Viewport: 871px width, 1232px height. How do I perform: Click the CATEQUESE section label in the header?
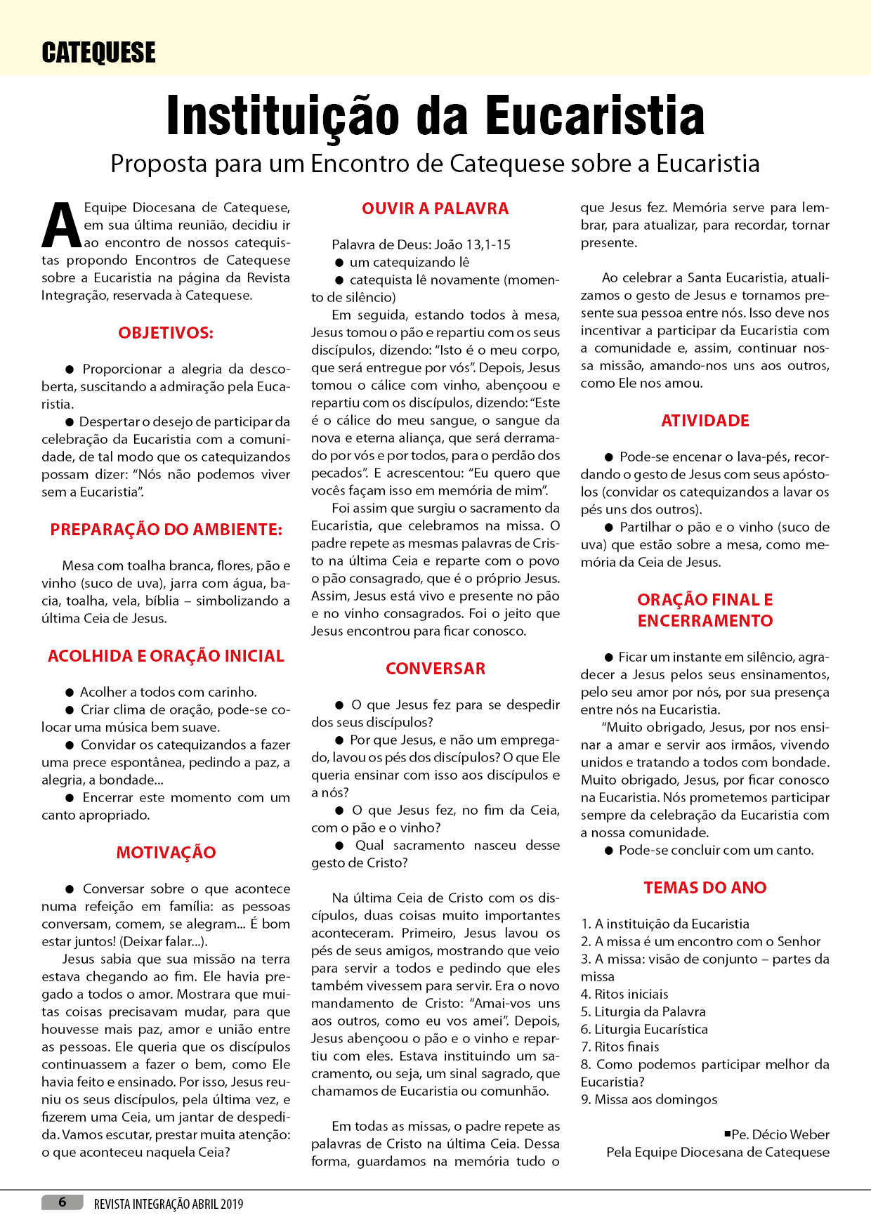[98, 53]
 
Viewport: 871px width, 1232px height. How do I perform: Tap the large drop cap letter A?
[61, 226]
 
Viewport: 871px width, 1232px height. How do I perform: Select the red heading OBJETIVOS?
[166, 333]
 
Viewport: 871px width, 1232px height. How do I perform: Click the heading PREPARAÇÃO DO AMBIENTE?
[166, 530]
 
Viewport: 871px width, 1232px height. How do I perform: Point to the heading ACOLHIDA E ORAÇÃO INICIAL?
[166, 656]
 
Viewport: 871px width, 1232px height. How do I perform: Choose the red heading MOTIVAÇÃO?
[166, 853]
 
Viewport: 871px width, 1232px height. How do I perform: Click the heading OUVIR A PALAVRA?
[435, 209]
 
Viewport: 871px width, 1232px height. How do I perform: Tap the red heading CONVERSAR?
[435, 669]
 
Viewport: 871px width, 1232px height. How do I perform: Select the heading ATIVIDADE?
[705, 421]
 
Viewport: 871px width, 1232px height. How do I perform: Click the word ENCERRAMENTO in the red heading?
[705, 621]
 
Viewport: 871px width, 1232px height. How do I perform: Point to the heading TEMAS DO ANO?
[705, 888]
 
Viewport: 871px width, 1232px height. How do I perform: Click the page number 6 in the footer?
[62, 1202]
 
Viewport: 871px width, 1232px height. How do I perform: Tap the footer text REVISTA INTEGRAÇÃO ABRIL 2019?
[169, 1204]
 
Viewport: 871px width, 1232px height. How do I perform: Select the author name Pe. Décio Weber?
[780, 1134]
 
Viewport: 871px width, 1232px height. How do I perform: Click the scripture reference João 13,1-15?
[472, 244]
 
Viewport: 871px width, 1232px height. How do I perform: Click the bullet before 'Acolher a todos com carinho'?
[70, 692]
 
